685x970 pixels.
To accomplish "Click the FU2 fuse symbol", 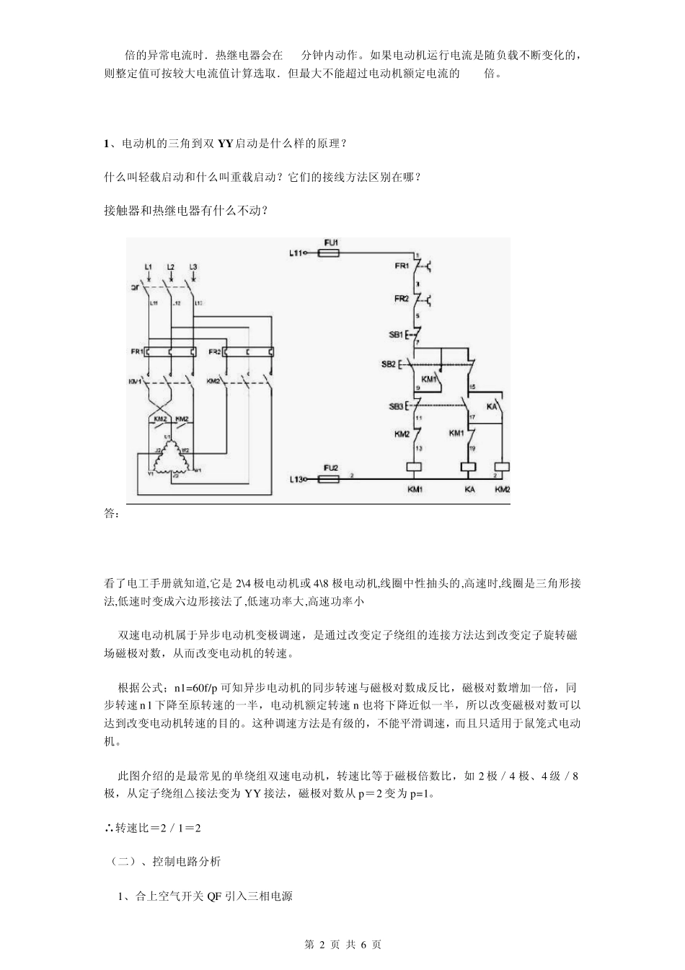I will pos(330,477).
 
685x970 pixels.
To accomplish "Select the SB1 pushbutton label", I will pos(397,335).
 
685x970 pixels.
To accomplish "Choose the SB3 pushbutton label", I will pos(397,406).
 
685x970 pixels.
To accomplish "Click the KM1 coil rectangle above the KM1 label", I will pos(415,468).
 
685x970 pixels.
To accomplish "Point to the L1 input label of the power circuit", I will pos(148,267).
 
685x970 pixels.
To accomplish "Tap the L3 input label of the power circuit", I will pos(193,267).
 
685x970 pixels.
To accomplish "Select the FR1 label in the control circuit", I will pos(402,266).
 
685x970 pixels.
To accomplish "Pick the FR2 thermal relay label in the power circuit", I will pos(214,351).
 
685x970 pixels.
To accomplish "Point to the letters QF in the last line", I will pos(214,896).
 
